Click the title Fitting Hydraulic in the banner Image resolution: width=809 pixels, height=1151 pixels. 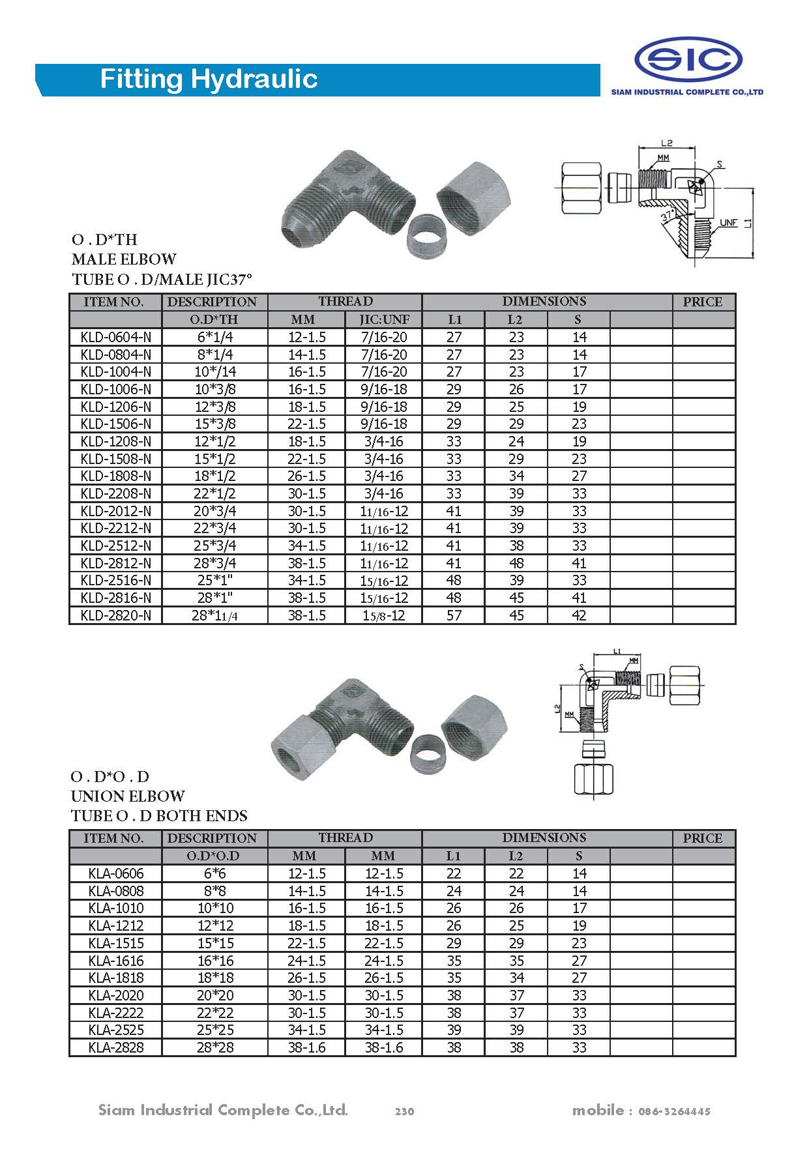click(x=209, y=80)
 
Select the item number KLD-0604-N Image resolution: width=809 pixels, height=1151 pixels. click(x=115, y=337)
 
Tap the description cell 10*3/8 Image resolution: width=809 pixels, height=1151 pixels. click(x=214, y=389)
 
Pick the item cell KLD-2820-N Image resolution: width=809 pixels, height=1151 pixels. click(x=115, y=615)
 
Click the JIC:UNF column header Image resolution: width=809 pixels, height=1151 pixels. click(x=384, y=319)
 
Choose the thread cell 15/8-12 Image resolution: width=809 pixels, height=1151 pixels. click(x=384, y=615)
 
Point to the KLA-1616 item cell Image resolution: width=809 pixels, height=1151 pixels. click(x=115, y=960)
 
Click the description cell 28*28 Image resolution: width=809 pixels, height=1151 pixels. click(x=214, y=1047)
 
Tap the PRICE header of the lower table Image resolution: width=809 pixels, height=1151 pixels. click(x=703, y=838)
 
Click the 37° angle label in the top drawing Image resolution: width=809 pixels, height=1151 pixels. click(x=667, y=216)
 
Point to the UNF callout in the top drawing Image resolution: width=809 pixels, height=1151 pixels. click(x=728, y=223)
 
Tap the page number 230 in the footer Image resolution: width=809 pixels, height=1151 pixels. click(x=404, y=1111)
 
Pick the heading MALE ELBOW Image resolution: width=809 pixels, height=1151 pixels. click(x=124, y=259)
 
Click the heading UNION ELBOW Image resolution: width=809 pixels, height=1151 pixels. click(x=128, y=796)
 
